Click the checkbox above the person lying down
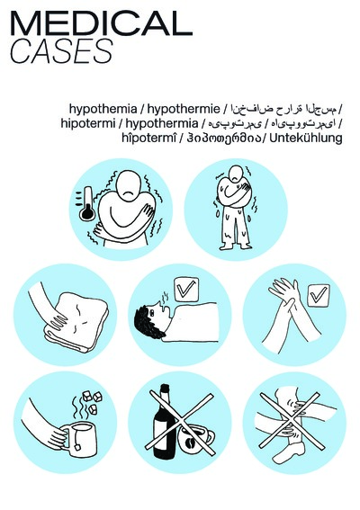(x=187, y=291)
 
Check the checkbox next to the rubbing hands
(x=317, y=294)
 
